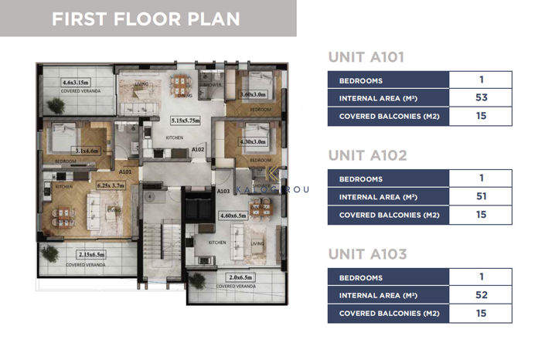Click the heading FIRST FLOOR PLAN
[146, 19]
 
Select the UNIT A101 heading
[366, 57]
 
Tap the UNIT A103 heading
[366, 254]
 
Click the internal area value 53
[481, 98]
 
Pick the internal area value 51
[481, 196]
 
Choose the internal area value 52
[481, 294]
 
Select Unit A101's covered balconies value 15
[481, 117]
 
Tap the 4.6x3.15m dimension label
[78, 81]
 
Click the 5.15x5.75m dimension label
[186, 121]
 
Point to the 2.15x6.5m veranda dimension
[96, 254]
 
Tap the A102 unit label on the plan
[197, 149]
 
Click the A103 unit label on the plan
[223, 190]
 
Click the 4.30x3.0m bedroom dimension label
[254, 141]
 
